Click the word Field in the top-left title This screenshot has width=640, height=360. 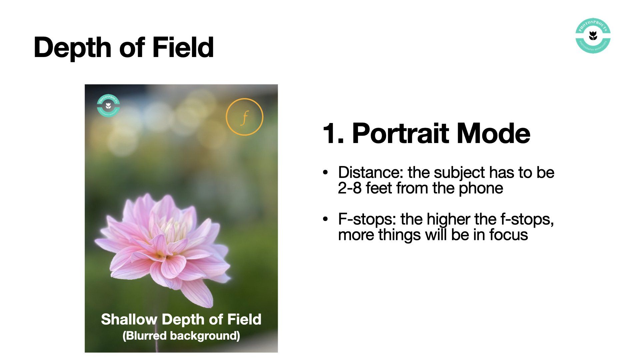183,47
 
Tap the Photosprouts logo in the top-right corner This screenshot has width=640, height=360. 593,36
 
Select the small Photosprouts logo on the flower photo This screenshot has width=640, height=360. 108,106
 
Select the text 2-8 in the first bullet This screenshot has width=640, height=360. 350,188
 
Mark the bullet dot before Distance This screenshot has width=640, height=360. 325,173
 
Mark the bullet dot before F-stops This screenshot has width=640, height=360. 325,219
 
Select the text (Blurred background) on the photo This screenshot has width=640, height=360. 181,336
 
